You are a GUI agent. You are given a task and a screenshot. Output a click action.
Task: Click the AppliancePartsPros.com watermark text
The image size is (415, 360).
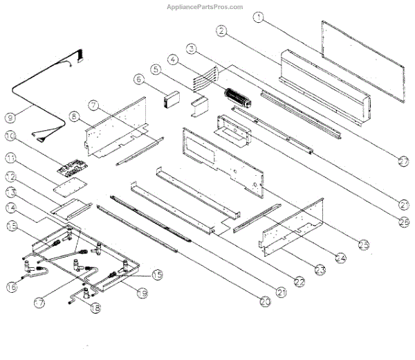(x=205, y=7)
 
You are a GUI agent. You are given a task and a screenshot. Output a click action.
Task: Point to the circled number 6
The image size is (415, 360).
(x=139, y=80)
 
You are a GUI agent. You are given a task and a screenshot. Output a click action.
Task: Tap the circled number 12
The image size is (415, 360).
(x=10, y=177)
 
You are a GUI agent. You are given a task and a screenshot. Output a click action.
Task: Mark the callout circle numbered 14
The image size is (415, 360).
(x=10, y=206)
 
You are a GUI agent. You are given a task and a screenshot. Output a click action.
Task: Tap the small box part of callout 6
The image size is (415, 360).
(x=170, y=102)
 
